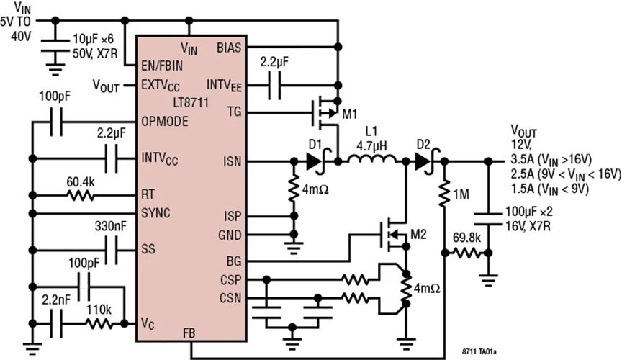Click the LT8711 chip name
tap(191, 103)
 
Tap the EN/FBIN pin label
tap(162, 66)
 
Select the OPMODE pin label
tap(165, 121)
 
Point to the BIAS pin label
tap(229, 48)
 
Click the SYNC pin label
tap(156, 213)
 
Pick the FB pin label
tap(189, 333)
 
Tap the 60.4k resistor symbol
tap(81, 195)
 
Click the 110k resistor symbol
tap(99, 324)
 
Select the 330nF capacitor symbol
tap(111, 251)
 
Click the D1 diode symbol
tap(316, 161)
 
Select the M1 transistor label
tap(349, 114)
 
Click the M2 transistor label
tap(418, 235)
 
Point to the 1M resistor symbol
tap(445, 194)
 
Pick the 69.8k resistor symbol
tap(467, 253)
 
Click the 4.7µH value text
tap(371, 146)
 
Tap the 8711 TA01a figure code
tap(479, 351)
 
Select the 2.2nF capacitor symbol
tap(56, 324)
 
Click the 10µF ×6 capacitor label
tap(93, 39)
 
